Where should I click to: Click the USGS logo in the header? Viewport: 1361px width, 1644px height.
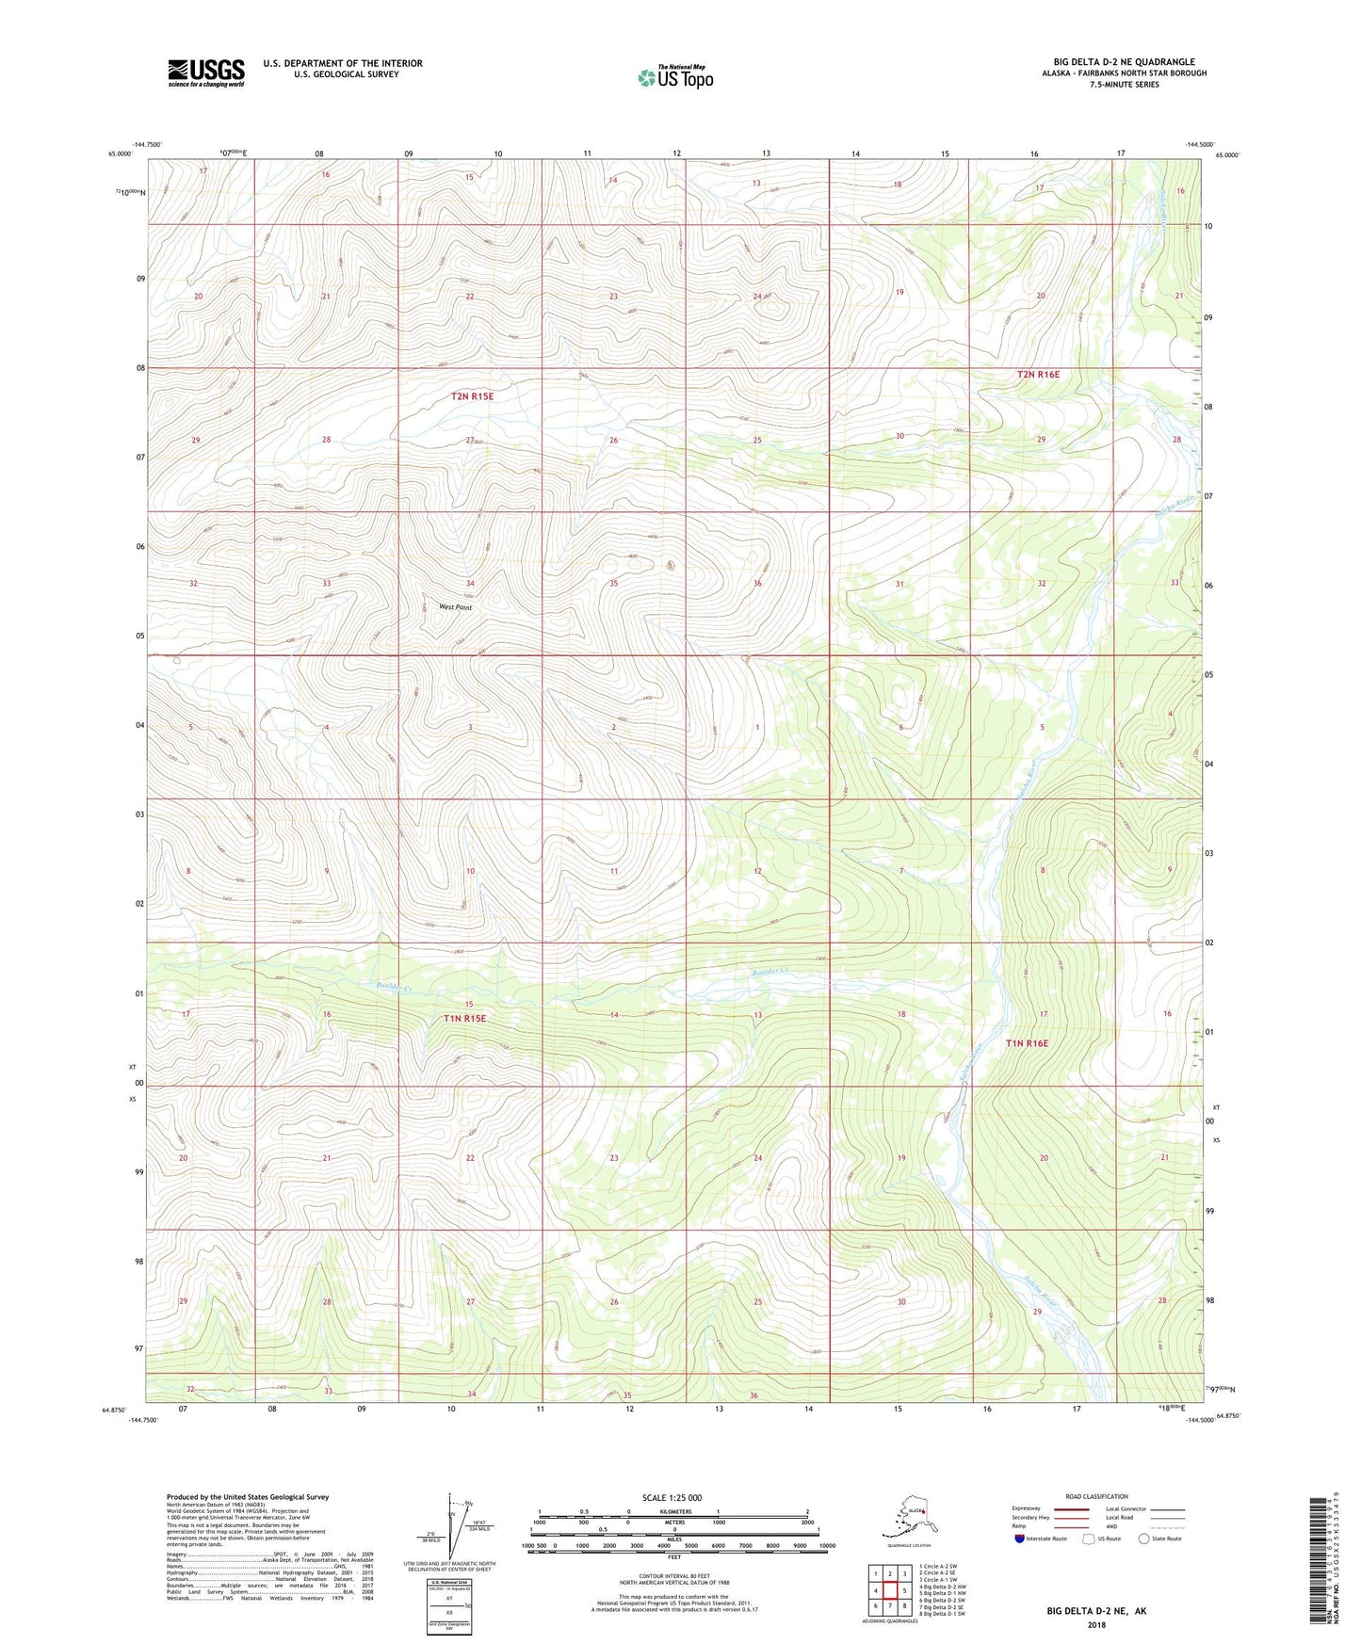[x=205, y=73]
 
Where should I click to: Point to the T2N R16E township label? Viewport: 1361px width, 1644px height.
[x=1038, y=374]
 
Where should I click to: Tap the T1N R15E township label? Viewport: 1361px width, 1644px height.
[x=464, y=1018]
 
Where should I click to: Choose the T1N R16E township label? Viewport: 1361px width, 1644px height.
[x=1026, y=1043]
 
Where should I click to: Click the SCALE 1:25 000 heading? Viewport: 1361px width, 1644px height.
[x=672, y=1497]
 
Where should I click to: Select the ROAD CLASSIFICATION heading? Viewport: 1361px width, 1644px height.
[x=1097, y=1496]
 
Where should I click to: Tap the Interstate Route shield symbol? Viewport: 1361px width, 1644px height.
[x=1019, y=1539]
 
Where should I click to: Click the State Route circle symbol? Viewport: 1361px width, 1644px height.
[x=1144, y=1539]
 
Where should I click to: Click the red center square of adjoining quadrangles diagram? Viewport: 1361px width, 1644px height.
[x=889, y=1590]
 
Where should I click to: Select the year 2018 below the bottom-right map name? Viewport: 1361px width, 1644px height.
[x=1096, y=1624]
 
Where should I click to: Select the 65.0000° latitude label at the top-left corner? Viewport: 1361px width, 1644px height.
[x=120, y=153]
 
